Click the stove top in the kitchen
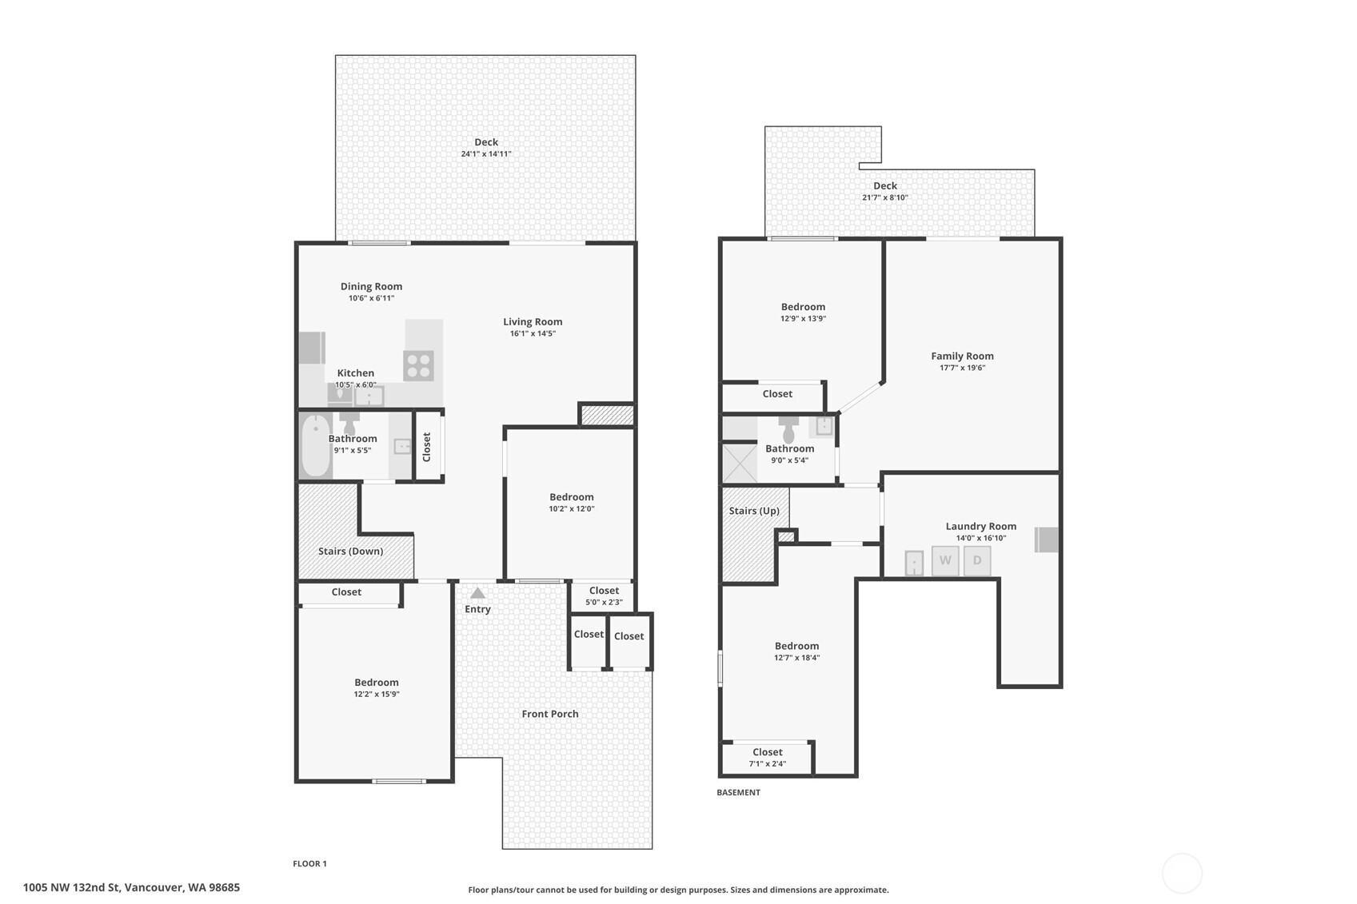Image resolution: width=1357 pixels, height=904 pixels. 418,366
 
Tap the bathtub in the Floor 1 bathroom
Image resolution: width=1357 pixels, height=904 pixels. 316,446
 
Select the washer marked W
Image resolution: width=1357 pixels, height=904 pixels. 945,560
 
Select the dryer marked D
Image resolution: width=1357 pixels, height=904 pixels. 977,560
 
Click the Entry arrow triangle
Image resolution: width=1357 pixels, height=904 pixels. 477,593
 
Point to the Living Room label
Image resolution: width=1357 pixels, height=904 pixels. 533,321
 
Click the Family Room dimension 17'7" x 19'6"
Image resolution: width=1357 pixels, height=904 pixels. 963,368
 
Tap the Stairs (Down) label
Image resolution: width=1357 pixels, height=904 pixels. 351,551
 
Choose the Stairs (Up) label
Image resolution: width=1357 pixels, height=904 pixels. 754,511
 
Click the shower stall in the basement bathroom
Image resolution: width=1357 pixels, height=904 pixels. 740,464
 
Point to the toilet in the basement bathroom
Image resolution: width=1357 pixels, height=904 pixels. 788,429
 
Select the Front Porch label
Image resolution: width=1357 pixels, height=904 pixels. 550,714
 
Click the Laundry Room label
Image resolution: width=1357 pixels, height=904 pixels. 981,526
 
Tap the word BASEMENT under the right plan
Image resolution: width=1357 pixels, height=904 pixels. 739,792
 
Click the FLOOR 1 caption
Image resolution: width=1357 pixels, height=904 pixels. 309,863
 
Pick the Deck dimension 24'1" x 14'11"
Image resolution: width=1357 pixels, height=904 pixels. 486,153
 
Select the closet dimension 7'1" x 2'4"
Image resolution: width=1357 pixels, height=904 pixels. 768,763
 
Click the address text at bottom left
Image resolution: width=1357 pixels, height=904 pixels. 131,887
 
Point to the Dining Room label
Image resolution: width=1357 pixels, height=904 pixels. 371,286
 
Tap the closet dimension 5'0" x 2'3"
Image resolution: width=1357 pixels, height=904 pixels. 604,602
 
